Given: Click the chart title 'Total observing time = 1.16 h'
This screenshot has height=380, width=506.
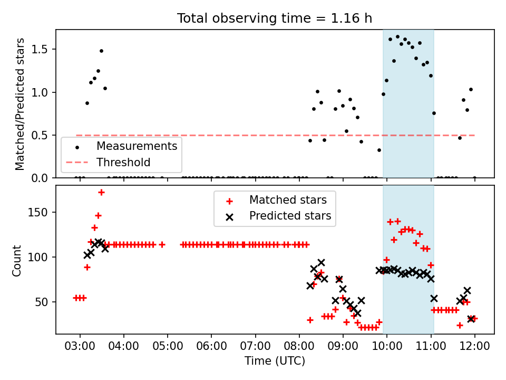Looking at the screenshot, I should tap(275, 18).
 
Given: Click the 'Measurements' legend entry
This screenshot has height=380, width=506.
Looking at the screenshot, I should tap(137, 146).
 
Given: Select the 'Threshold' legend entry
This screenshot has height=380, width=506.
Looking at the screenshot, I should tap(123, 163).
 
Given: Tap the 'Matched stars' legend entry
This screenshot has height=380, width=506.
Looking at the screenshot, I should tap(288, 200).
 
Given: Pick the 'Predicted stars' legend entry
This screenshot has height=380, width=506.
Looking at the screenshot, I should tap(290, 216).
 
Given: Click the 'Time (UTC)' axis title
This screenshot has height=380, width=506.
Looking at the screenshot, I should tap(275, 362).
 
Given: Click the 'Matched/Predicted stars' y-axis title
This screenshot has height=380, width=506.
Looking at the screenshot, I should tap(20, 104).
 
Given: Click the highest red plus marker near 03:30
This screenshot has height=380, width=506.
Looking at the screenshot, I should tap(101, 193).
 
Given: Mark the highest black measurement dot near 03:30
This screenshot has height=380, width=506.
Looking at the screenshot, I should tap(101, 51).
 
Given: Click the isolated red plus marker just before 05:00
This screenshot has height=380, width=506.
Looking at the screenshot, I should tap(162, 244).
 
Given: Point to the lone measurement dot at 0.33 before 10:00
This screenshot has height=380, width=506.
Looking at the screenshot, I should tap(379, 150).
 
